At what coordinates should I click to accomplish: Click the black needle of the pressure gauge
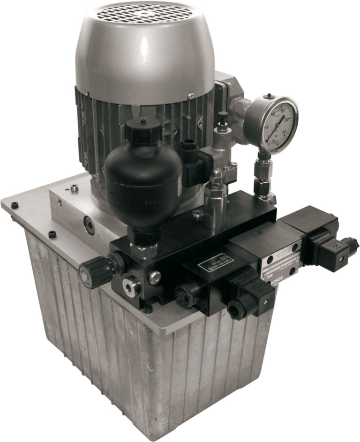tap(280, 125)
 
